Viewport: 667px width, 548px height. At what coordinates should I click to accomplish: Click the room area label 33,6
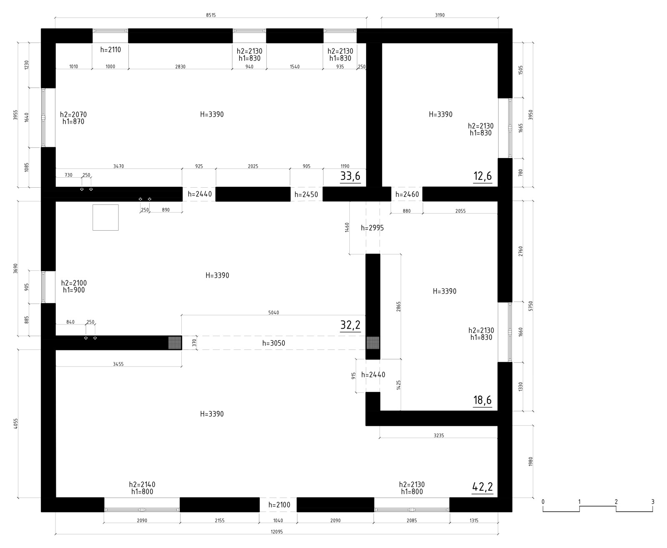click(350, 176)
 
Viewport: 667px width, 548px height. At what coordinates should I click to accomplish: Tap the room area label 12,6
click(482, 176)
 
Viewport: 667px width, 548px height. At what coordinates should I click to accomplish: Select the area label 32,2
click(350, 325)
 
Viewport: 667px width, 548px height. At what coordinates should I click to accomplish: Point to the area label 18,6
click(482, 400)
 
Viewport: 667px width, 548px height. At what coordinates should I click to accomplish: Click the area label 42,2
click(482, 487)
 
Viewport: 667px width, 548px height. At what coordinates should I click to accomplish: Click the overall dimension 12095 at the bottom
click(277, 532)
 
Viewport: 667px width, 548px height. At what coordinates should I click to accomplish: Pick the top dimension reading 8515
click(211, 15)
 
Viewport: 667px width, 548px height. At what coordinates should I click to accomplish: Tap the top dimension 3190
click(440, 15)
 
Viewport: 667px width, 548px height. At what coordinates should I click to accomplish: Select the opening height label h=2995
click(372, 228)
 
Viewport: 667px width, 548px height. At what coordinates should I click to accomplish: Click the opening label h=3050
click(273, 343)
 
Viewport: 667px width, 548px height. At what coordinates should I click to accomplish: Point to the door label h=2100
click(279, 505)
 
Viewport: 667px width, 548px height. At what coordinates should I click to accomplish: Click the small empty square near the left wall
click(105, 217)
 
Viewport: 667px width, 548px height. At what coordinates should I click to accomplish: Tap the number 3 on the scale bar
click(653, 502)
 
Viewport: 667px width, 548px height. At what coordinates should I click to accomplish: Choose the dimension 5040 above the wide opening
click(273, 313)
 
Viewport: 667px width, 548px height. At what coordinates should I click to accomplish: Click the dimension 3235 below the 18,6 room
click(439, 435)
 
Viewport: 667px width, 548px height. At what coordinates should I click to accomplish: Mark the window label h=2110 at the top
click(111, 50)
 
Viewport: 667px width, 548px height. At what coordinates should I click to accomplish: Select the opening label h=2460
click(407, 194)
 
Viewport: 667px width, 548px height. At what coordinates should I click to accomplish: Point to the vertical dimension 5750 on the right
click(531, 306)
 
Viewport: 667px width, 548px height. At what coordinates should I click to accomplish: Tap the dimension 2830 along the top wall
click(180, 67)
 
